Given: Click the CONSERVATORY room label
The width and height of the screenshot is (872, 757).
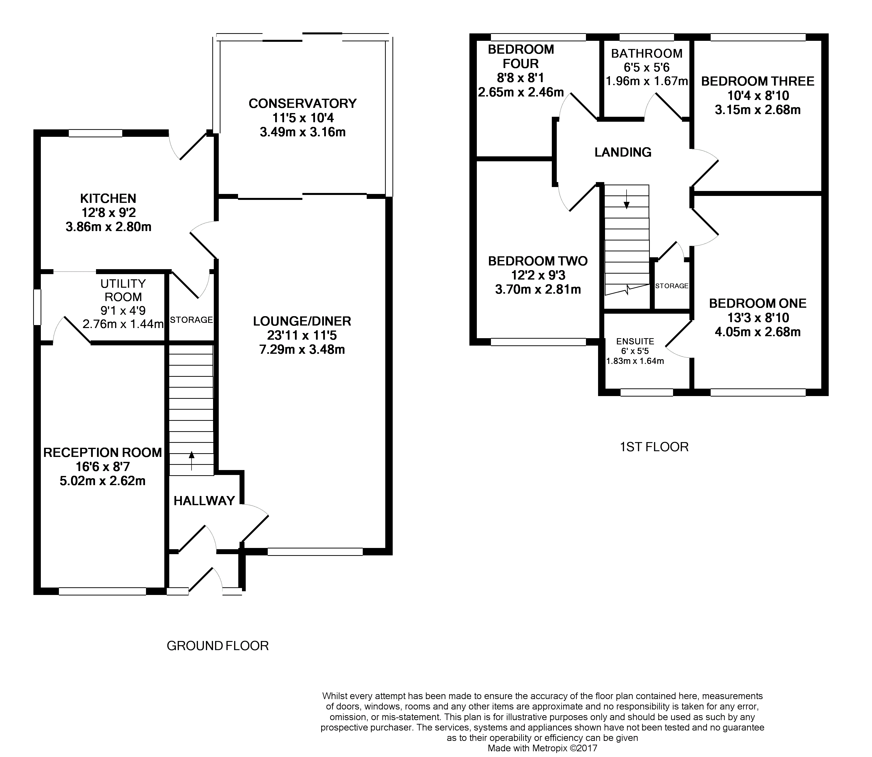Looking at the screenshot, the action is (x=302, y=103).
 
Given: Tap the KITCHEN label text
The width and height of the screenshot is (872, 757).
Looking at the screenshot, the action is (x=108, y=198).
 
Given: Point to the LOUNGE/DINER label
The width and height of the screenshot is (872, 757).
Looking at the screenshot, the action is (x=302, y=321).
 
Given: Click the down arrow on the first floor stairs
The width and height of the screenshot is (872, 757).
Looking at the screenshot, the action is (x=627, y=199).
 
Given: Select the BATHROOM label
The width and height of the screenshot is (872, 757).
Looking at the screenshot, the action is (x=647, y=54).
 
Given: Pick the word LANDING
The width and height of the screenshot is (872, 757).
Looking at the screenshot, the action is (x=623, y=152).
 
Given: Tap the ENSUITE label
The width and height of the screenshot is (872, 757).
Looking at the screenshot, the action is (x=635, y=341).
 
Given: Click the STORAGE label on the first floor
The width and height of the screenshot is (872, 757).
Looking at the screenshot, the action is (x=672, y=286).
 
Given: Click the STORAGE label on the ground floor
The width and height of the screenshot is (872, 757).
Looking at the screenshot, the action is (x=191, y=320).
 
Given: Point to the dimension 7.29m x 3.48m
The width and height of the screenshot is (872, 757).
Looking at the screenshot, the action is (x=302, y=349).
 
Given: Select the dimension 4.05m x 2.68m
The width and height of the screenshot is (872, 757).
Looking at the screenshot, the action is (x=757, y=332).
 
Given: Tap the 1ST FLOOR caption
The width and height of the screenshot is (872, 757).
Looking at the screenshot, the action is (x=654, y=447).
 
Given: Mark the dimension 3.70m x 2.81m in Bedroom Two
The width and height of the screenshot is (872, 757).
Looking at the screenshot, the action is (x=538, y=289).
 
